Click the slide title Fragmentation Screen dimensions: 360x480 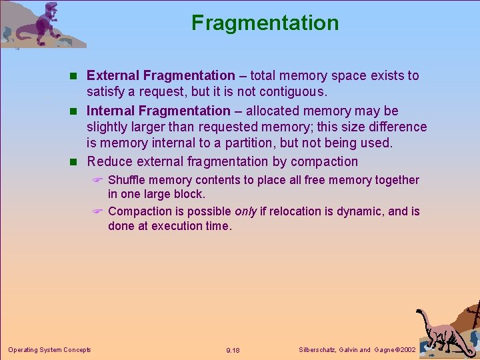click(265, 23)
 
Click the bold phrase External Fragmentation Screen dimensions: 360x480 click(161, 76)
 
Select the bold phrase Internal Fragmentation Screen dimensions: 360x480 click(158, 111)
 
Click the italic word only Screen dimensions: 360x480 click(245, 211)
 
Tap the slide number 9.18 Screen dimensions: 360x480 click(233, 350)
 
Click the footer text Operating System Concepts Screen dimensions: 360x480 click(49, 349)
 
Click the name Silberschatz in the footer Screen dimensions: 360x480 click(316, 350)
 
